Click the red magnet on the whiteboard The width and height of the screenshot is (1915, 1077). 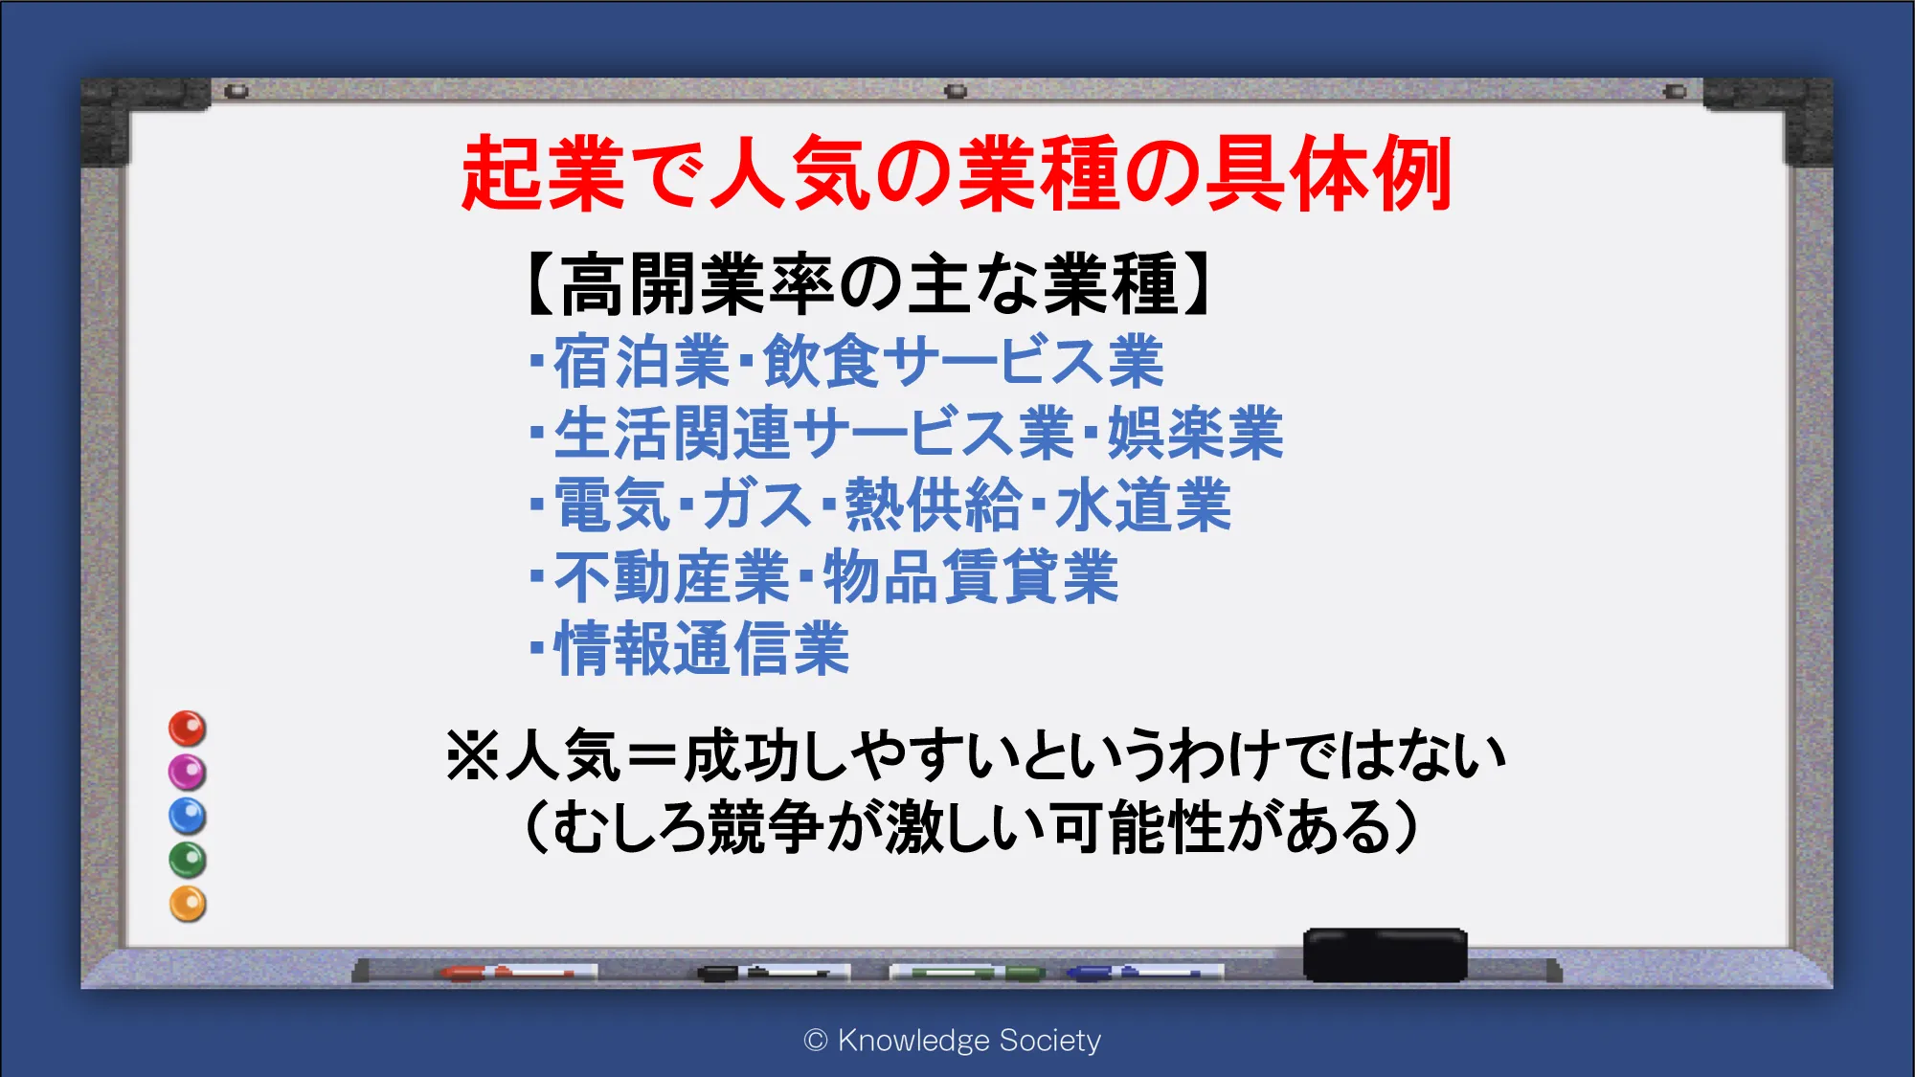click(x=188, y=729)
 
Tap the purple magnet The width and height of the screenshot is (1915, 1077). click(x=188, y=772)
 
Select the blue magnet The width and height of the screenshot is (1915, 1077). click(x=188, y=816)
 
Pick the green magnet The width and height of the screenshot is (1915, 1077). click(x=188, y=860)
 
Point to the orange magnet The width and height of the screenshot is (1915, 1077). click(x=188, y=904)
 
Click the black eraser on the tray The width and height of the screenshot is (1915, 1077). click(x=1385, y=954)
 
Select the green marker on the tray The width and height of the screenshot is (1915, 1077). click(x=967, y=973)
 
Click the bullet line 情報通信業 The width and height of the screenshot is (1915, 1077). click(x=689, y=649)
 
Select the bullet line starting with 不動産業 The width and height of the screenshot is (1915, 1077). click(x=824, y=577)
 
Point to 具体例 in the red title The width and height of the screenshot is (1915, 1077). click(x=1328, y=173)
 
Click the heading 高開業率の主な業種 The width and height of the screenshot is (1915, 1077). click(x=869, y=284)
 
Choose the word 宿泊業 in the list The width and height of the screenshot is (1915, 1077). click(x=642, y=362)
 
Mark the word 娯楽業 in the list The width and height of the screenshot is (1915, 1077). click(x=1195, y=434)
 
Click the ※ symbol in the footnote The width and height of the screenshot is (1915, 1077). click(x=473, y=755)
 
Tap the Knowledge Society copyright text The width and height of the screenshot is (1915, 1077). click(x=953, y=1040)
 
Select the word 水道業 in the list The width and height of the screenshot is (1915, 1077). click(x=1143, y=505)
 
